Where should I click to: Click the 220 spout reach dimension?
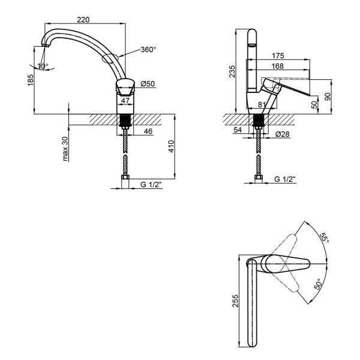click(x=83, y=20)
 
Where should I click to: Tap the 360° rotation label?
click(x=148, y=49)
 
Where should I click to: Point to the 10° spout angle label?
click(x=43, y=66)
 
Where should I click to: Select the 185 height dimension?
click(x=31, y=80)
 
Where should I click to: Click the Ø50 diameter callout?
click(x=148, y=84)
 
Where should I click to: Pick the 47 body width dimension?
click(x=125, y=100)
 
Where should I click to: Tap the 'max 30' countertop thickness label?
click(x=65, y=149)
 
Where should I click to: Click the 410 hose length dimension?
click(x=171, y=146)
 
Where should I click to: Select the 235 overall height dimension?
click(x=232, y=71)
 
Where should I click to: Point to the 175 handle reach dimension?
click(x=278, y=56)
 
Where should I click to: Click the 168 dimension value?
click(x=278, y=66)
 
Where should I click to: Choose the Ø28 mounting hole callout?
click(x=282, y=134)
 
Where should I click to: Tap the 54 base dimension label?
click(x=238, y=130)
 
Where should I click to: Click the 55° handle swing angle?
click(x=325, y=238)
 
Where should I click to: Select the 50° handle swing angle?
click(x=318, y=284)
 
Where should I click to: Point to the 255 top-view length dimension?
click(x=236, y=301)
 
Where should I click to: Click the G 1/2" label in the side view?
click(x=285, y=179)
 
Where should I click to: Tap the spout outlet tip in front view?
click(x=46, y=45)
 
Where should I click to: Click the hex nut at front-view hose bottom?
click(x=125, y=177)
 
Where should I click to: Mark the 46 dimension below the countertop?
click(x=148, y=131)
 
